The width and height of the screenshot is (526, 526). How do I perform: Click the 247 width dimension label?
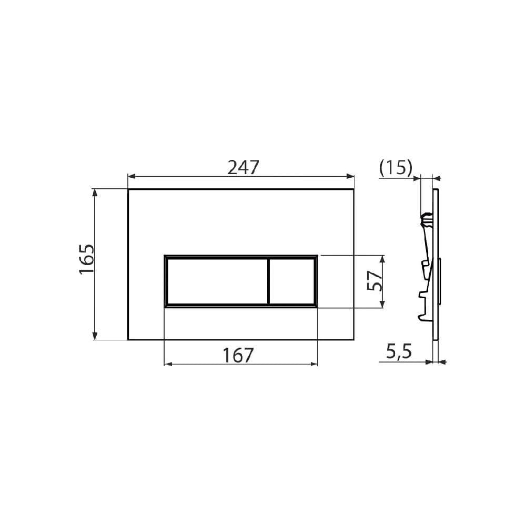243,167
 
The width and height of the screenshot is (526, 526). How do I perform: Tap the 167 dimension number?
238,355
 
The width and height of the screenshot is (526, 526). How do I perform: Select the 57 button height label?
375,281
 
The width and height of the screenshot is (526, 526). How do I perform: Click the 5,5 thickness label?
399,351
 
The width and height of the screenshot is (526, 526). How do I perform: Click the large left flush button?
217,281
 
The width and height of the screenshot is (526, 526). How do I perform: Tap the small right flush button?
291,281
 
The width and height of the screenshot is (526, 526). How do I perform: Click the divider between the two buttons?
268,281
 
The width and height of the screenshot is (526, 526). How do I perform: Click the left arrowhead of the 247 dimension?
131,176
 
